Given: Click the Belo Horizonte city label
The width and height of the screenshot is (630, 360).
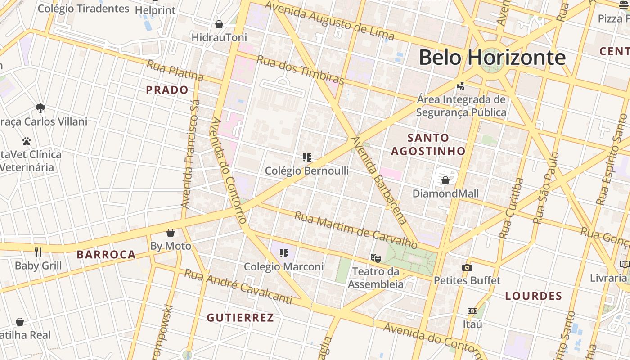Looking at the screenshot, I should pos(492,58).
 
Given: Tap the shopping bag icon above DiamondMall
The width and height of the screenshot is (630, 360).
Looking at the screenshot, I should pos(445,180).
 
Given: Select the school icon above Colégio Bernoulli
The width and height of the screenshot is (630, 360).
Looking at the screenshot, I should pos(307,157).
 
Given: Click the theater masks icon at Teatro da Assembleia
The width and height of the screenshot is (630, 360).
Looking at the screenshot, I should pos(375,258).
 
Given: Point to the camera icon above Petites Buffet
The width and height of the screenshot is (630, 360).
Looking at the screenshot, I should pos(467,267).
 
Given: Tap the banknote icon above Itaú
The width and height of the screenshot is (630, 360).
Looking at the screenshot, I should pos(472,311).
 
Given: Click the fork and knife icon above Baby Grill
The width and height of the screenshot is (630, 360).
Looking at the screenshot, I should pos(38,252).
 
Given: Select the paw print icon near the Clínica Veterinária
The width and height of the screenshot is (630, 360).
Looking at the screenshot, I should pos(27,141).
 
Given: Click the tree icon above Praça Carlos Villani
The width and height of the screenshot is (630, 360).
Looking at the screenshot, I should pos(40,108).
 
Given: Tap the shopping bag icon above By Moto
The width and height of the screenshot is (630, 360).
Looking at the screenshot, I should pos(171,233).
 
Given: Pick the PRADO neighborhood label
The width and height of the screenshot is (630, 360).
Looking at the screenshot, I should pos(167,90).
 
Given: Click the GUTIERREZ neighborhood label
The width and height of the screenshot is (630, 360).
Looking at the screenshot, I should pos(240,318).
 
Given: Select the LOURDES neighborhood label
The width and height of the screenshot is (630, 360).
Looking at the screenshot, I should pos(534,296).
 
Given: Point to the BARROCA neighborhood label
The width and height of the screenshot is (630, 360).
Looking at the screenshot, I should pos(106,255).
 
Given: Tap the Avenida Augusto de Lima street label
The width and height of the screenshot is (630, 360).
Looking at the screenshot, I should pos(329,21).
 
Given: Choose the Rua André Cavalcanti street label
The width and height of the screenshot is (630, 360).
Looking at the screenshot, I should pos(238,287).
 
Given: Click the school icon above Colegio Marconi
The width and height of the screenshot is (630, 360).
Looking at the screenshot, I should pos(284,253).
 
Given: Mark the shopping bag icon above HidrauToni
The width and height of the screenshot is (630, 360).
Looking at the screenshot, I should pos(219,24).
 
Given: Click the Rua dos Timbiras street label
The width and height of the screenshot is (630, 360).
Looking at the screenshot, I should pos(300,70).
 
